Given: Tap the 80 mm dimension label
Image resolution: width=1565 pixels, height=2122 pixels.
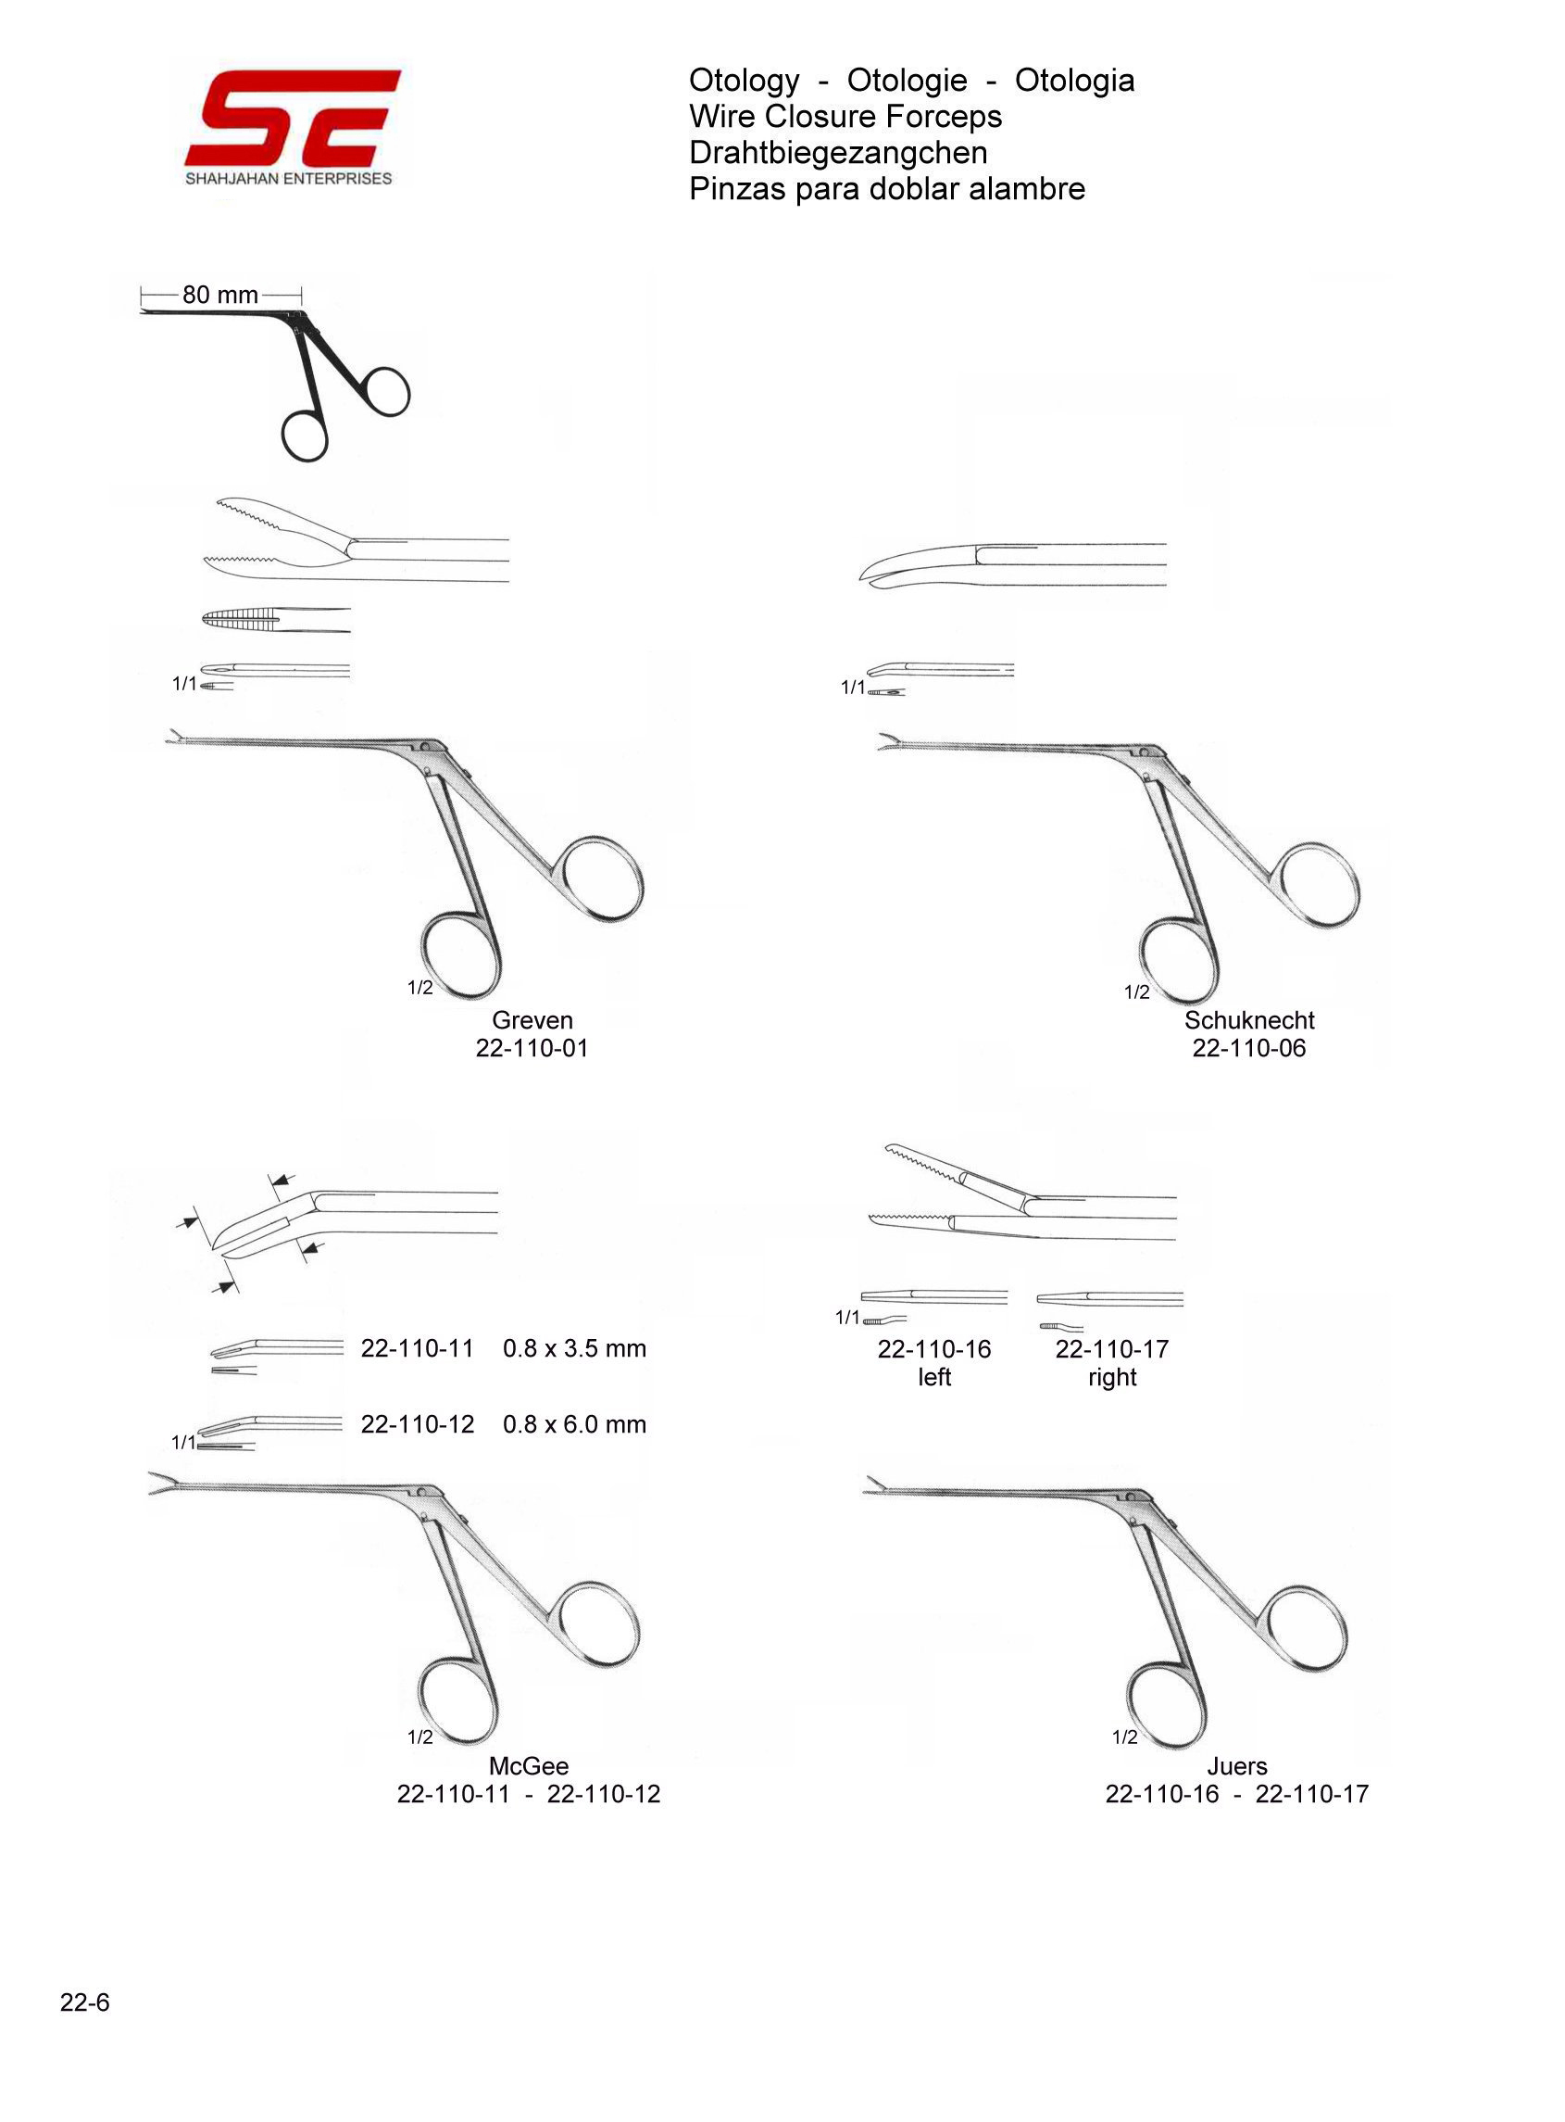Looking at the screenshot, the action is pos(219,295).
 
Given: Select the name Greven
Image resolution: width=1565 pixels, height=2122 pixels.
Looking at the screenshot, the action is pos(532,1020).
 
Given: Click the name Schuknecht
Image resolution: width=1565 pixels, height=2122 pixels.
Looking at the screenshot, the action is pos(1248,1020).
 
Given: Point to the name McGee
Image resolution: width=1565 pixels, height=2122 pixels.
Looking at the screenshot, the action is pos(529,1765).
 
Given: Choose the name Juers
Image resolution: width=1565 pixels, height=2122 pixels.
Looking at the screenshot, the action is pos(1236,1765).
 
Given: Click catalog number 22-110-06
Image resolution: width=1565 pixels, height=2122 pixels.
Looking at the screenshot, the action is pos(1248,1047).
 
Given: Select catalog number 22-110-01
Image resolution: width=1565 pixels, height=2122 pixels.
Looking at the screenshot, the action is pos(532,1047).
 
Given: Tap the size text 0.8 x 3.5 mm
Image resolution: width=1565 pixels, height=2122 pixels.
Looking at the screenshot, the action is pos(574,1347).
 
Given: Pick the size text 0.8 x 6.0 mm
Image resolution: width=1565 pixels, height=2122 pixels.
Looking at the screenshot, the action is pos(574,1423).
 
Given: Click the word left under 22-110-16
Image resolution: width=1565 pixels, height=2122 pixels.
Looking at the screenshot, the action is pos(934,1376).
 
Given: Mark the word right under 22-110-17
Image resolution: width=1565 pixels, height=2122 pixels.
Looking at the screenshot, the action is pos(1112,1377).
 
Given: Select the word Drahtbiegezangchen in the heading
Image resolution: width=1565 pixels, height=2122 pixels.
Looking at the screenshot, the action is pos(838,153).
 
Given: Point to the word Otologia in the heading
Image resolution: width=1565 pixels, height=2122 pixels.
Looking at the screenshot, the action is pos(1074,81).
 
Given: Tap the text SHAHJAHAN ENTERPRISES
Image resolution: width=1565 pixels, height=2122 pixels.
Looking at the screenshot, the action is pos(288,178).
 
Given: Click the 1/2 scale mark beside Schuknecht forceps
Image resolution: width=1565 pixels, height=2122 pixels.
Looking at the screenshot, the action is pos(1137,992).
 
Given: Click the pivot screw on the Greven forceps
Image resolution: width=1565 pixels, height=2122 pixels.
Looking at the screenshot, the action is pos(425,747).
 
